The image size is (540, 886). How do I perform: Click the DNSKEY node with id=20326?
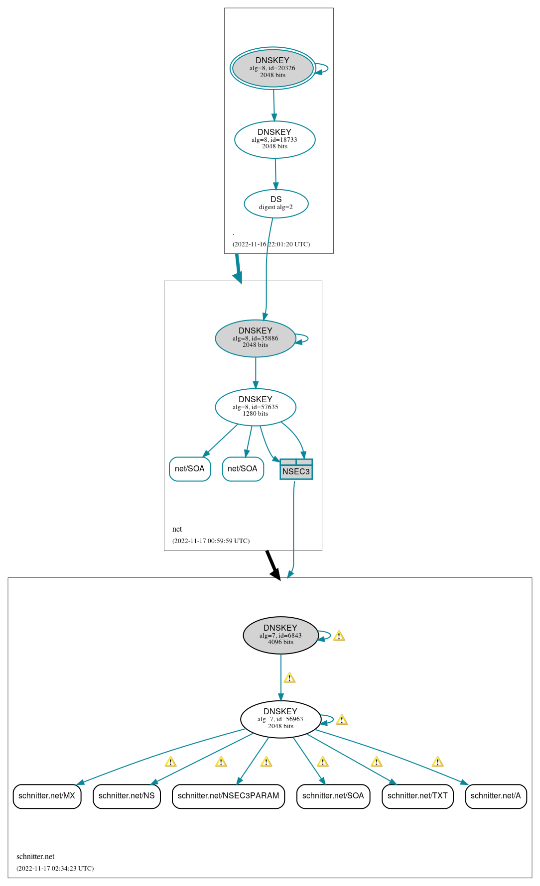[x=272, y=68]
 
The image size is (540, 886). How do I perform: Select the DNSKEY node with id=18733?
[x=274, y=139]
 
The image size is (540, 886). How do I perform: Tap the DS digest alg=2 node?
[x=276, y=204]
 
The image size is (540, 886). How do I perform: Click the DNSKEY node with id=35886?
[x=255, y=338]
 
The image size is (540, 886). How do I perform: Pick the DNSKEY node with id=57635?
[x=255, y=407]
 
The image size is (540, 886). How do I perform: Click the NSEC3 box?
[x=296, y=469]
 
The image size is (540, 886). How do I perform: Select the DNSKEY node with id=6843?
[x=280, y=635]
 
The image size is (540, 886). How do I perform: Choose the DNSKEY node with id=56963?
[x=280, y=719]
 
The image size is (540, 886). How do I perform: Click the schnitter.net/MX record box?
[x=47, y=796]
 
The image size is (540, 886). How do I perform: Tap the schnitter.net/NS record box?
[x=127, y=796]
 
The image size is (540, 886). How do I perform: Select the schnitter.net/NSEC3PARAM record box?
[x=228, y=796]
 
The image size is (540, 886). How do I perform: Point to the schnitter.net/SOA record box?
[x=333, y=796]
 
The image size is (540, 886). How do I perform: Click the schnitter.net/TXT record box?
[x=417, y=796]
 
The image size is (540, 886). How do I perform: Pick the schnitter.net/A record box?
[x=496, y=796]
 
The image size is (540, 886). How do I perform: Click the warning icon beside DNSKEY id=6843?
[x=339, y=636]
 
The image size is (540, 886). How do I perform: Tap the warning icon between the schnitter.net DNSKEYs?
[x=289, y=678]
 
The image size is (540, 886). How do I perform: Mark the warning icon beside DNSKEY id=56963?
[x=342, y=720]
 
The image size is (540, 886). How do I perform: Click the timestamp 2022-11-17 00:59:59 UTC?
[x=211, y=541]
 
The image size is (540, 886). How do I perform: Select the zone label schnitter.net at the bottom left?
[x=35, y=857]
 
